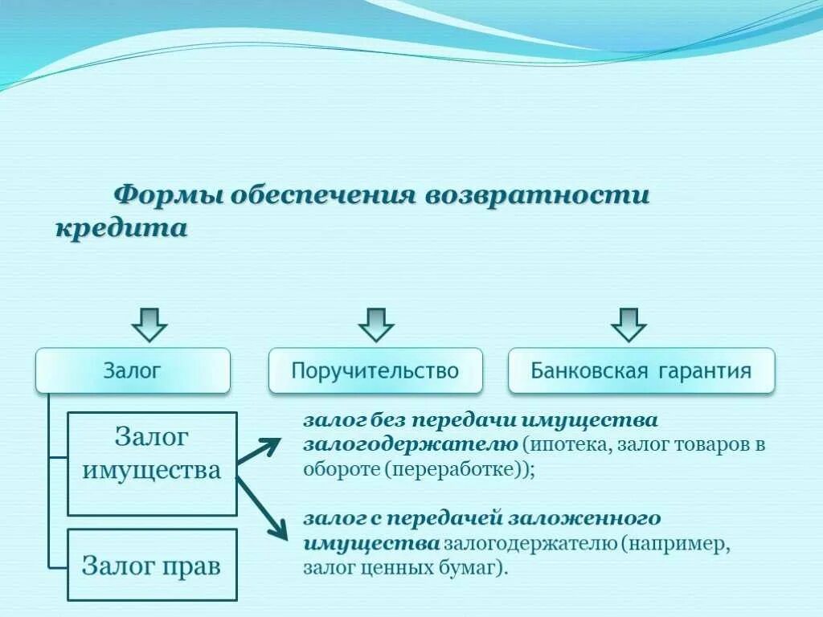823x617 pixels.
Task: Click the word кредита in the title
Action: (121, 228)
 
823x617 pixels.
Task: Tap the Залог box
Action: (133, 370)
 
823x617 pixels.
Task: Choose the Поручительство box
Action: (375, 370)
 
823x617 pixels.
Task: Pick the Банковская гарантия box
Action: (641, 370)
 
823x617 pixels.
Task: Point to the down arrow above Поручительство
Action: (375, 323)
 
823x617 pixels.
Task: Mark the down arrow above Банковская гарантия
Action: (629, 323)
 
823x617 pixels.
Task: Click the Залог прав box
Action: (152, 565)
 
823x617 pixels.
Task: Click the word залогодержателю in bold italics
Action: (410, 444)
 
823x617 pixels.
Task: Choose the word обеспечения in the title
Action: (322, 196)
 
